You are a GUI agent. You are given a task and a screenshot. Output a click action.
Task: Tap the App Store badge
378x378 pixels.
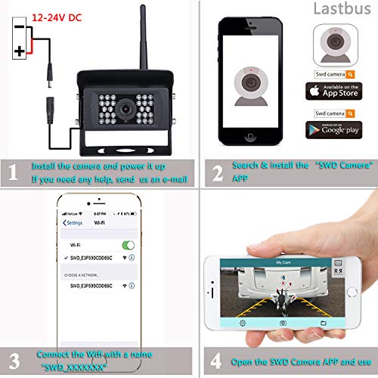(333, 91)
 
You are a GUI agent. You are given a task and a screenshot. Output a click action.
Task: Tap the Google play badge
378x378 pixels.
(333, 129)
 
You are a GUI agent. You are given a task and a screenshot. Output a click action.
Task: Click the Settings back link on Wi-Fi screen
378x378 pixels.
(73, 223)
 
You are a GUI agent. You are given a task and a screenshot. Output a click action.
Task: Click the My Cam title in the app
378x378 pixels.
(283, 262)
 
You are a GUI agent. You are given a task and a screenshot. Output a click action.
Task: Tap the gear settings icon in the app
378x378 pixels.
(243, 322)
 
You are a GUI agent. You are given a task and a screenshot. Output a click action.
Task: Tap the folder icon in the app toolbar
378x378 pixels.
(321, 322)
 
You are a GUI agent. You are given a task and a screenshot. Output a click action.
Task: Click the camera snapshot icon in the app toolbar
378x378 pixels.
(282, 322)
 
